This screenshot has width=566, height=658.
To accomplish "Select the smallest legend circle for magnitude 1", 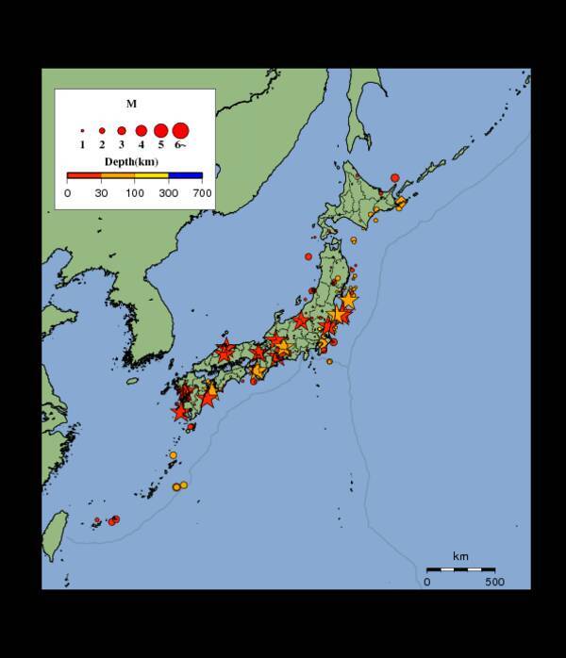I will pos(83,131).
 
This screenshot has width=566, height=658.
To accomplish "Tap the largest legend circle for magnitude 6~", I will pos(180,130).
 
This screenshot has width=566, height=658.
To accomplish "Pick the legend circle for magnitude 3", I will pos(122,131).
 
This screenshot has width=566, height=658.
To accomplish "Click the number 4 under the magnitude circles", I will pos(141,145).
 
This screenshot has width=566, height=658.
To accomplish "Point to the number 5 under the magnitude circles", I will pos(160,145).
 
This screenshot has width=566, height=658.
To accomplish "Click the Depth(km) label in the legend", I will pos(132,162).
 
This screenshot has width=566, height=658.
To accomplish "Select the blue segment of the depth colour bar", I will pos(186,175).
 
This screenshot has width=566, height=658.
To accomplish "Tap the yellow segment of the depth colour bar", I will pos(152,175).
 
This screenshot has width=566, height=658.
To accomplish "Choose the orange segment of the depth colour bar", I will pos(118,175).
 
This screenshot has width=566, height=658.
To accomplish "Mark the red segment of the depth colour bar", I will pos(84,175).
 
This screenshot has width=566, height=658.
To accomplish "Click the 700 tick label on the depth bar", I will pos(201,193).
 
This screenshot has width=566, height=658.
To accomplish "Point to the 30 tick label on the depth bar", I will pos(101,193).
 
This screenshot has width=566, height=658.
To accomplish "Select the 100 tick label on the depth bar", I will pos(135,193).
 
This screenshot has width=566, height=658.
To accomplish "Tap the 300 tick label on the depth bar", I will pos(169,193).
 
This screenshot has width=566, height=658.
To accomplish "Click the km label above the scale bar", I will pos(460,557).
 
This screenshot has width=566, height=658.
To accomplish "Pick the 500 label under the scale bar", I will pos(494,582).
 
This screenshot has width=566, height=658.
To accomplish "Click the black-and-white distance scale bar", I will pos(460,569).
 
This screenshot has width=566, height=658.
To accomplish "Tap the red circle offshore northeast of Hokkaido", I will pos(394,177).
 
